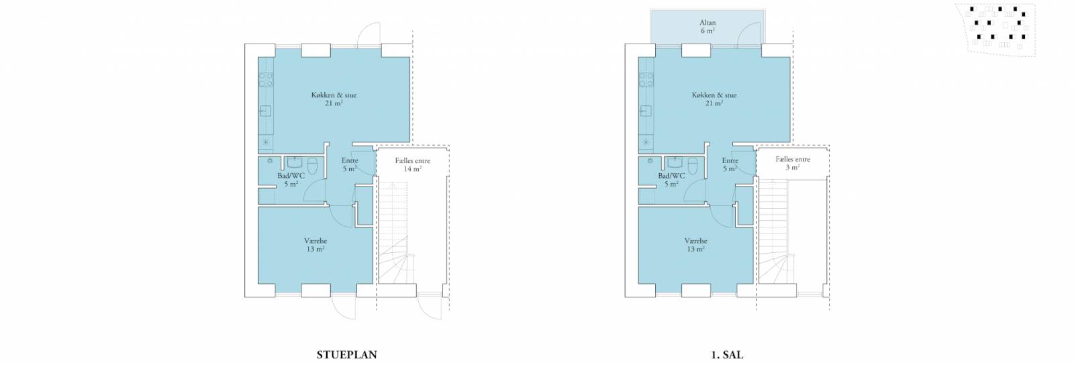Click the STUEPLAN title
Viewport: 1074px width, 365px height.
pos(346,355)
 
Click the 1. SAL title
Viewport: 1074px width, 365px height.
pos(727,355)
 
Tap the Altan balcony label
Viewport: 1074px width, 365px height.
pos(707,23)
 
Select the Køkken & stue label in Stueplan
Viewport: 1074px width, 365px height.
pos(334,95)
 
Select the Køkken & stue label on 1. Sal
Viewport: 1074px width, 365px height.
pos(714,95)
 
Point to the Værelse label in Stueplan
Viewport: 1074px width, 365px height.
pos(315,241)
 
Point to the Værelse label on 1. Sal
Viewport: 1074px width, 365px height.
pos(695,241)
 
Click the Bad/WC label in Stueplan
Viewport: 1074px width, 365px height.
pos(291,176)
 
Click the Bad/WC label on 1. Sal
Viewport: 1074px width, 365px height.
pos(671,176)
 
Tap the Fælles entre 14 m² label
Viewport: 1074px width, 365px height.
pos(412,165)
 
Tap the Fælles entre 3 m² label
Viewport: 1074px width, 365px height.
pos(793,163)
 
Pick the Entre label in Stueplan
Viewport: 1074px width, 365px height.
pos(350,160)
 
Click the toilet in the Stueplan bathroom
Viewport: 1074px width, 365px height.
pos(313,166)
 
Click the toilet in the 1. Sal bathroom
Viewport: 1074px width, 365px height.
pos(693,166)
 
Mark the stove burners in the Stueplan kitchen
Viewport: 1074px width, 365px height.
pos(266,80)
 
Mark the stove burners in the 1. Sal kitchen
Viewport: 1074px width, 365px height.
pos(646,80)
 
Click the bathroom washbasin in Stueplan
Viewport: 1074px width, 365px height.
pos(295,162)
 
